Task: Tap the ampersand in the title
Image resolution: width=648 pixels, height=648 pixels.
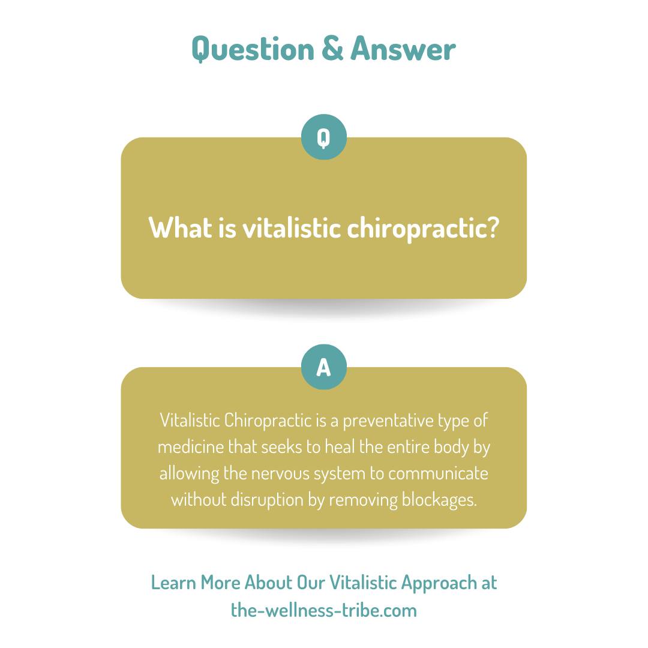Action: (x=332, y=49)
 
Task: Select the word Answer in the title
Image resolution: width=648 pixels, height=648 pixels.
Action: (x=403, y=49)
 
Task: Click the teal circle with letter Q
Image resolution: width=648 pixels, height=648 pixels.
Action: (x=323, y=137)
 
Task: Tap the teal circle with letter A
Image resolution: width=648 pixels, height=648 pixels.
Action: (x=323, y=367)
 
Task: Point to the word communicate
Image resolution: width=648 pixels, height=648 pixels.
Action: (x=438, y=473)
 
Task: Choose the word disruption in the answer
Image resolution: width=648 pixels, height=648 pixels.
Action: (x=267, y=500)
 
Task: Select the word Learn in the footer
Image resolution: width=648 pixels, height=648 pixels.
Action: (x=173, y=583)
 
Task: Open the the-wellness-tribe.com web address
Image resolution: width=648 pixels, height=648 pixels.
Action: (x=323, y=610)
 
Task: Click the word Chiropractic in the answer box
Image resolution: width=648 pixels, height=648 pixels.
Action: (x=268, y=421)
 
